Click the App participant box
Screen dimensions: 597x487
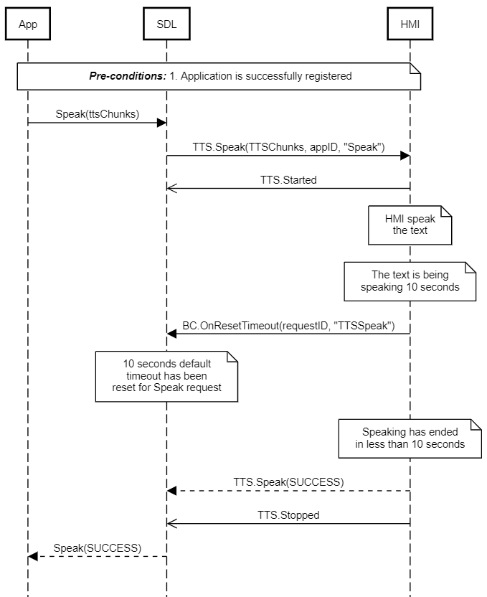pos(28,24)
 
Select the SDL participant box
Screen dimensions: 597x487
pos(166,24)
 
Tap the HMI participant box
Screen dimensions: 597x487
pos(410,24)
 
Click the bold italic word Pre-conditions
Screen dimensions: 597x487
pos(128,76)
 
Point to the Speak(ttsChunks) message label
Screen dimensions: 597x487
pos(98,114)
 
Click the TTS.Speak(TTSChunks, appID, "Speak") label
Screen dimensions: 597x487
pos(288,147)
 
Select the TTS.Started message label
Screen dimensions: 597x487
pos(288,180)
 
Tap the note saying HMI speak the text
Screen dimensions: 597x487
pos(410,225)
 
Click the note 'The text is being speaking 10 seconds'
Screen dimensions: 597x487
pos(410,281)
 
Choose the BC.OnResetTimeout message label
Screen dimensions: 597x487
pos(288,325)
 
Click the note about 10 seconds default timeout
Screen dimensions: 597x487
pos(166,375)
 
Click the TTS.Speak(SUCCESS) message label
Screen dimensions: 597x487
pos(288,481)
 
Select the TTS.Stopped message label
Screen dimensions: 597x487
pos(288,514)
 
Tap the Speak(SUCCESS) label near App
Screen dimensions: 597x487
pos(98,547)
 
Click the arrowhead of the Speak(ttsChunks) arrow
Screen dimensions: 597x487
pos(162,123)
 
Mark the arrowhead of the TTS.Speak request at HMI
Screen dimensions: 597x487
pos(405,156)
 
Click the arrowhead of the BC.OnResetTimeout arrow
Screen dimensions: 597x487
pos(171,334)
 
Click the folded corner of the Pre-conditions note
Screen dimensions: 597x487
pos(415,68)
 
